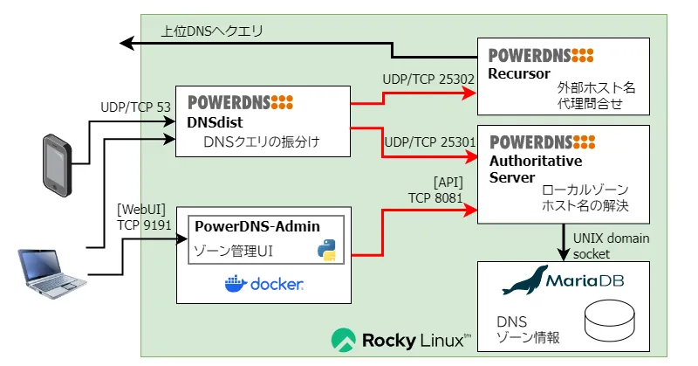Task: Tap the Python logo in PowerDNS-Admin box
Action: tap(328, 251)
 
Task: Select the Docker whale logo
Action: tap(236, 284)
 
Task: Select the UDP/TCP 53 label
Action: tap(135, 107)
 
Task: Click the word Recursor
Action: tap(519, 73)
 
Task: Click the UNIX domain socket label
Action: tap(611, 245)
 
